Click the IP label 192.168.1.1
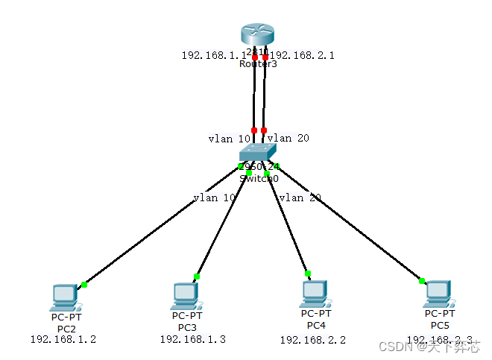(x=213, y=55)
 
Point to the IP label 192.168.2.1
(x=302, y=55)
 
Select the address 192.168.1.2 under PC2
(x=63, y=339)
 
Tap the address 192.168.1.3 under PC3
(x=192, y=339)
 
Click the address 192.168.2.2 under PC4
(x=313, y=340)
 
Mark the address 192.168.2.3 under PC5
(x=440, y=339)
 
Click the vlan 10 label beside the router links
(x=230, y=139)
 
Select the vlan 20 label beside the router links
(x=288, y=138)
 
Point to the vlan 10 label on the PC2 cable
(x=214, y=198)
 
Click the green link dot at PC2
(x=84, y=284)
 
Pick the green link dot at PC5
(x=421, y=281)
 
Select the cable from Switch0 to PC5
(x=350, y=224)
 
